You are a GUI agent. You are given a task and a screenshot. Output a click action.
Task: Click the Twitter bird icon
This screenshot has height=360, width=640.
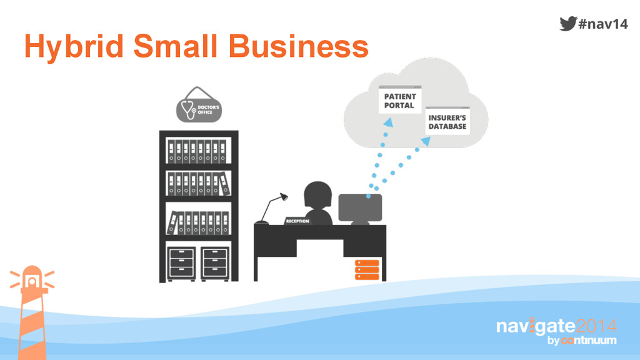567,23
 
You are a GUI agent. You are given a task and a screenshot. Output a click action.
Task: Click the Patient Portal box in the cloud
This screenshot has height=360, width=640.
400,101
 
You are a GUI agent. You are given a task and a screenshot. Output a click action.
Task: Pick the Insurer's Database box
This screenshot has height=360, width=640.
447,122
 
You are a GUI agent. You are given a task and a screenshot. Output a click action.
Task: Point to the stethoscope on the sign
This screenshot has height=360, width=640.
187,110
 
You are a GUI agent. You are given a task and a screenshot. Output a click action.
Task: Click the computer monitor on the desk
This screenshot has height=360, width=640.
359,207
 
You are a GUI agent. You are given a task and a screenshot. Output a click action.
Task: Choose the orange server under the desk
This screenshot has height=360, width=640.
367,269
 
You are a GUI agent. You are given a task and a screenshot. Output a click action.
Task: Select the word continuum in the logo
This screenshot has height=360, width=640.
589,341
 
